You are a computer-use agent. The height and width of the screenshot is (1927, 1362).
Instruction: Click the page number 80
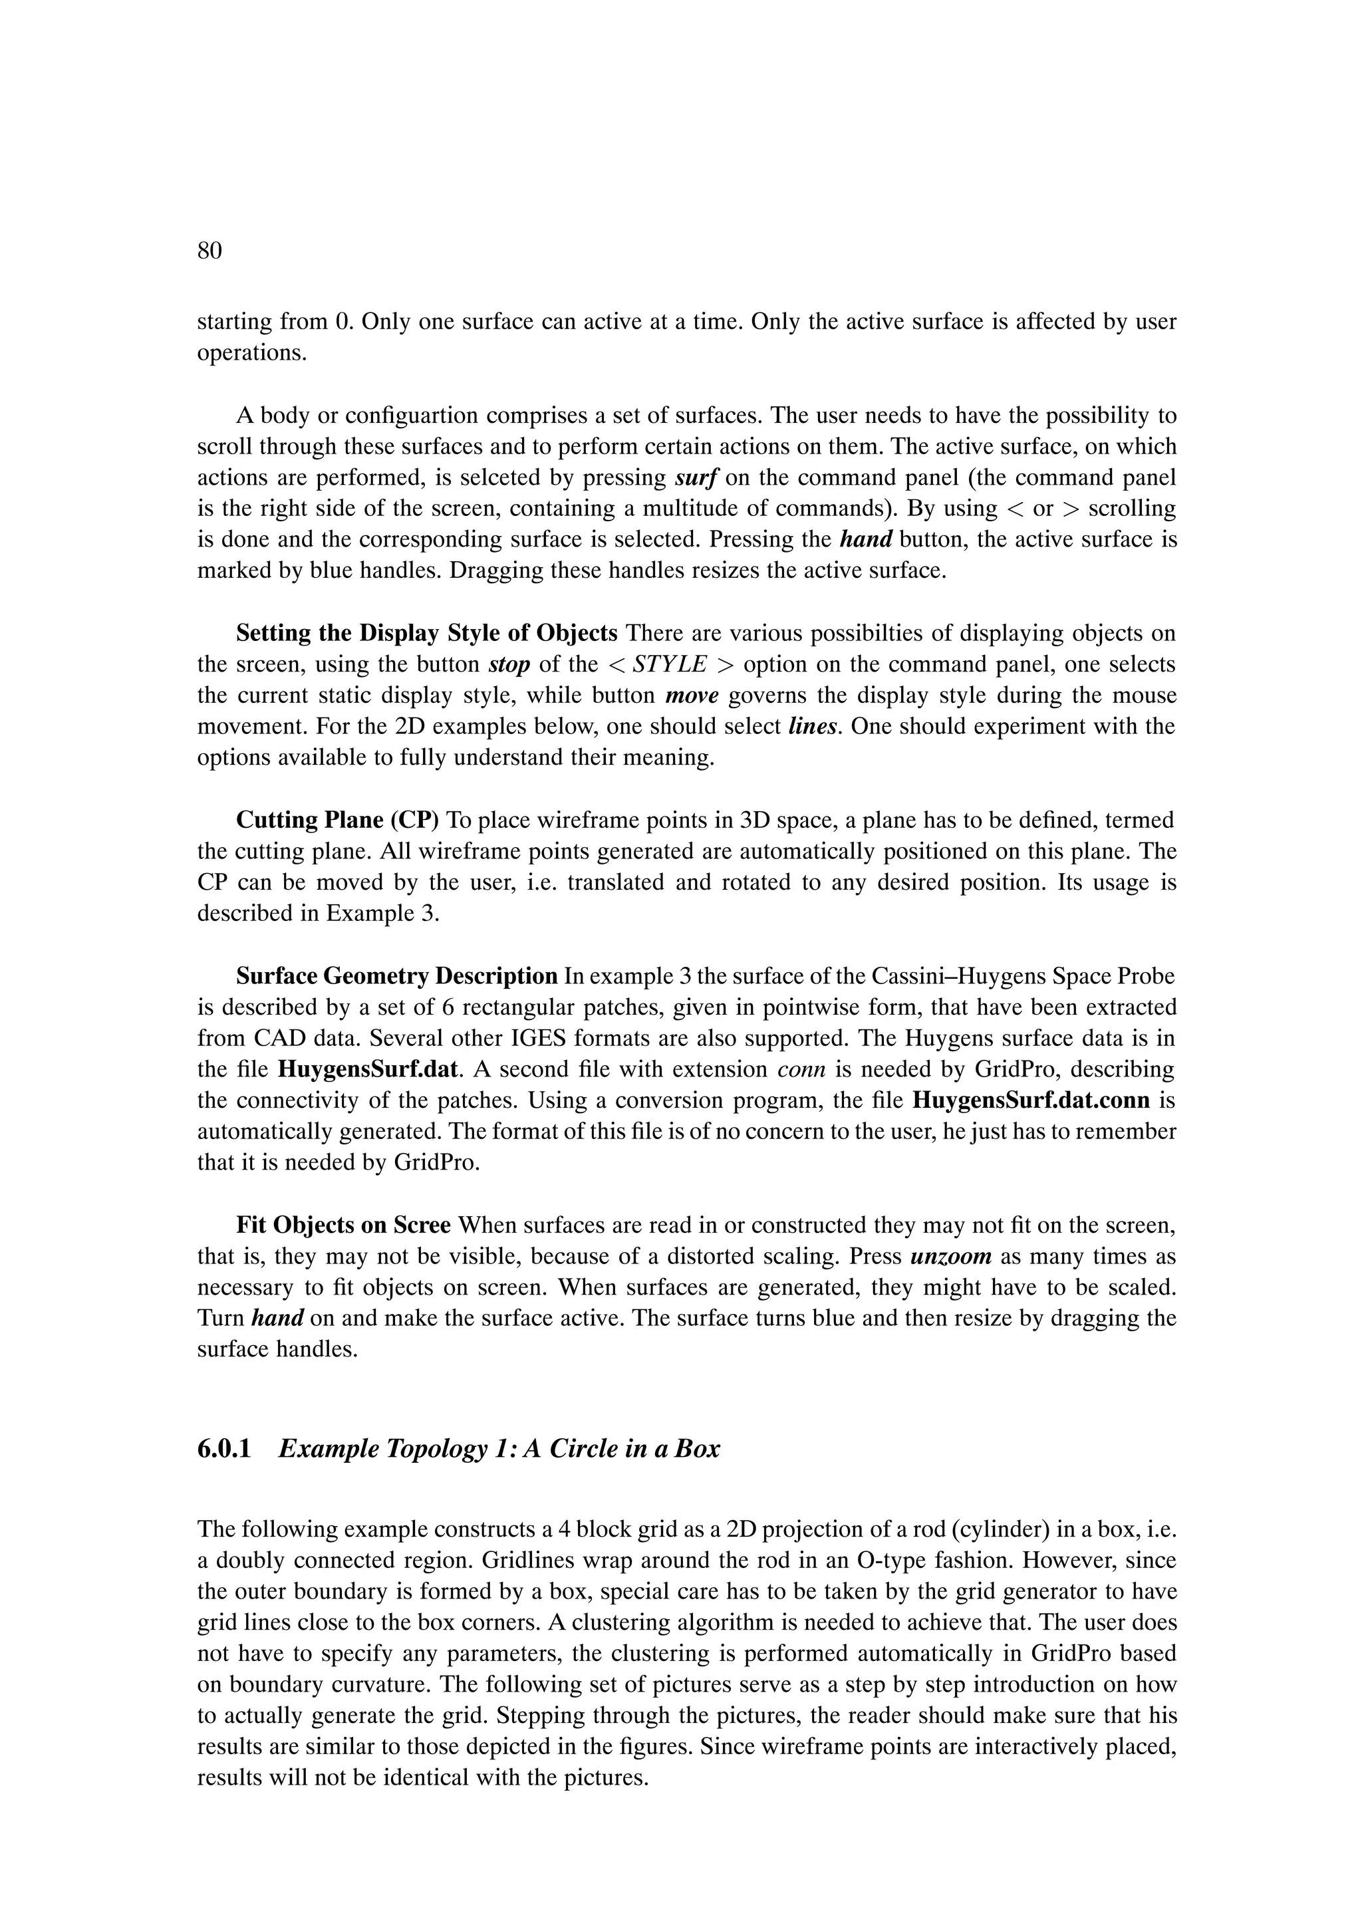point(209,250)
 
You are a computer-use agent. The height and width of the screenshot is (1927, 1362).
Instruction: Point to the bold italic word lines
point(813,726)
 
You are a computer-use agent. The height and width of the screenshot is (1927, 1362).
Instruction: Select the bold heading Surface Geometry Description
point(397,976)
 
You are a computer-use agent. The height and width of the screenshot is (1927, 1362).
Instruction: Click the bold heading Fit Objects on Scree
point(343,1225)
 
